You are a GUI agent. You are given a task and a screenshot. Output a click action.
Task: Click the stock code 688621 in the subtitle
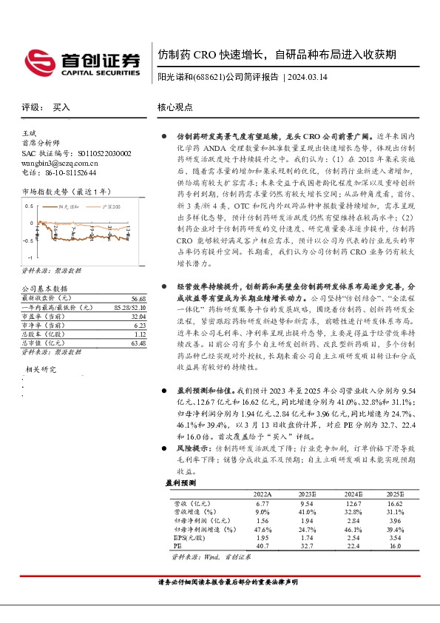click(x=209, y=76)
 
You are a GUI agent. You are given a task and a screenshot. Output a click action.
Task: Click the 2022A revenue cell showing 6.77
click(x=263, y=502)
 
